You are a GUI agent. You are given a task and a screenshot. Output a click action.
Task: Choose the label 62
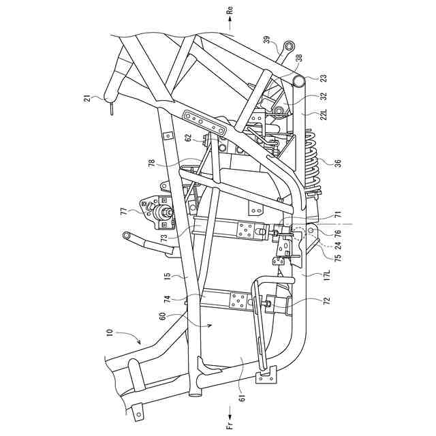[188, 137]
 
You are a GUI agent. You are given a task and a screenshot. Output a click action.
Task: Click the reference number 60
[163, 316]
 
